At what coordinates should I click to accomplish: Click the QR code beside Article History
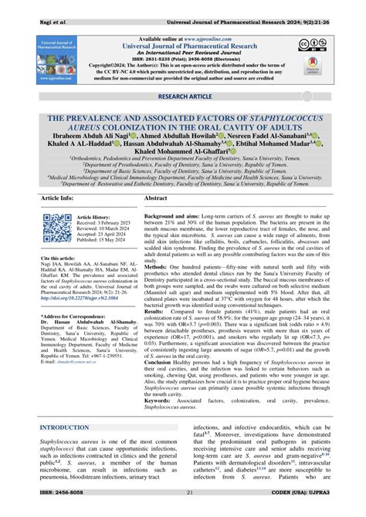pos(58,229)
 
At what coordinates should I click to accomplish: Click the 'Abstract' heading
pos(157,198)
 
